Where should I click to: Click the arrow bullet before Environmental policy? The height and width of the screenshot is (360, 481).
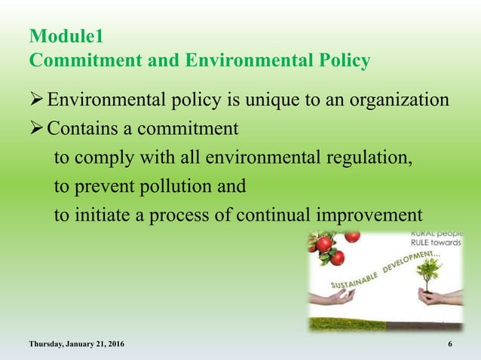(x=37, y=100)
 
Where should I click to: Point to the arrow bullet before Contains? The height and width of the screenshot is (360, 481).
(x=37, y=129)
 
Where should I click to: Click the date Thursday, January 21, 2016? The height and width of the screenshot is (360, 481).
(x=77, y=344)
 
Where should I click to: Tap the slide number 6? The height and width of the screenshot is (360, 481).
(x=450, y=344)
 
